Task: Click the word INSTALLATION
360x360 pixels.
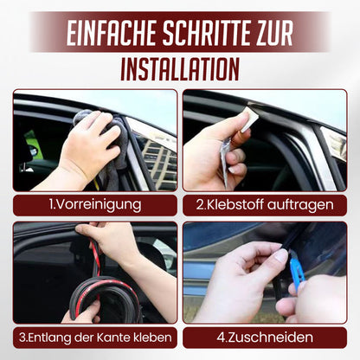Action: tap(180, 67)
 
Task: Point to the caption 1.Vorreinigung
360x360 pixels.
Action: tap(93, 204)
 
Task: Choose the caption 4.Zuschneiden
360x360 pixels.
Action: tap(265, 337)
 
